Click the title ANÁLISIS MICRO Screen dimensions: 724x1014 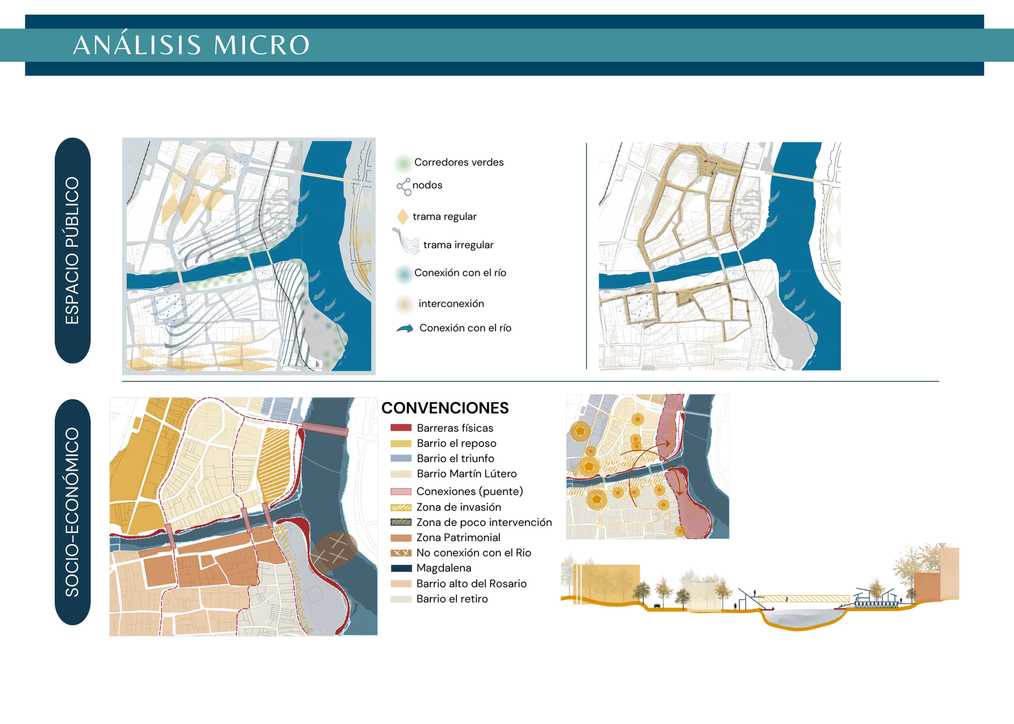tap(191, 45)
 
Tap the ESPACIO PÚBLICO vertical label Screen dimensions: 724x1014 tap(73, 250)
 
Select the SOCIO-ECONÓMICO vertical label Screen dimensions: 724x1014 tap(73, 512)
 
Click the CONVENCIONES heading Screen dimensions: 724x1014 tap(445, 408)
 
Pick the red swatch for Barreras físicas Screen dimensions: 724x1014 tap(401, 428)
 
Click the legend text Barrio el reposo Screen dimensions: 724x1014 tap(456, 444)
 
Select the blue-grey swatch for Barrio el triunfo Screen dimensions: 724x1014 tap(401, 458)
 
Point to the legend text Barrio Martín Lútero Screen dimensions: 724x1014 tap(466, 474)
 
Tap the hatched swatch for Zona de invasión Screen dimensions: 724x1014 tap(401, 507)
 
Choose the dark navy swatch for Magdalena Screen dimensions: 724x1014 tap(401, 568)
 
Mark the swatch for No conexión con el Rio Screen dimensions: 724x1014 tap(401, 553)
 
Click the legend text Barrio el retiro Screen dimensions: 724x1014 tap(452, 599)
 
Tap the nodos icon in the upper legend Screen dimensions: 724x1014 tap(404, 187)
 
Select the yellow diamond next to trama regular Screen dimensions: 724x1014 tap(403, 217)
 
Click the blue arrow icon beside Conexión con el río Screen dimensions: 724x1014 tap(405, 329)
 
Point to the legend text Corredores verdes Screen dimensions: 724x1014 tap(459, 162)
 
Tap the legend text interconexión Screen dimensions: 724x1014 tap(451, 304)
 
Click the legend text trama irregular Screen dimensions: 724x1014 tap(458, 245)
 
